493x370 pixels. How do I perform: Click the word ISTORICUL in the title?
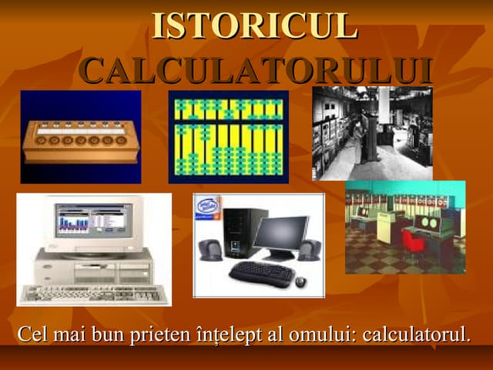point(254,26)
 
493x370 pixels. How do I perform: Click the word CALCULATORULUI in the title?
point(255,70)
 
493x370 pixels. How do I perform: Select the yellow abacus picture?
point(228,136)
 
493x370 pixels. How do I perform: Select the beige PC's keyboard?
point(92,294)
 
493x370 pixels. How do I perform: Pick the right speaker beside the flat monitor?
point(310,250)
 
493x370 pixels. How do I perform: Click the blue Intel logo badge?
point(206,207)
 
